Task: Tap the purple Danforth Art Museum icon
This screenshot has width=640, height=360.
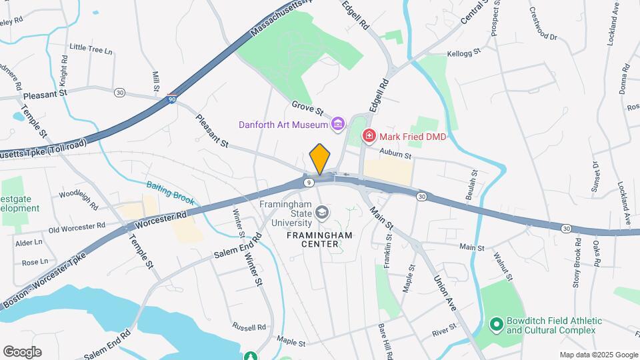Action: [x=338, y=124]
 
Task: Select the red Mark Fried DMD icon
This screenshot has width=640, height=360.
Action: [x=368, y=137]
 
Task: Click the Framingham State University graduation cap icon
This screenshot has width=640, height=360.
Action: [x=323, y=213]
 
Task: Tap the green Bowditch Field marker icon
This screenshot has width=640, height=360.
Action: [x=496, y=325]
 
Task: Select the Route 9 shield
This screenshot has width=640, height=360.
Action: [x=308, y=181]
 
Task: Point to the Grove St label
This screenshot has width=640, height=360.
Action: [x=307, y=107]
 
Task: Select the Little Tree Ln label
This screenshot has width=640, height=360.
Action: [x=91, y=48]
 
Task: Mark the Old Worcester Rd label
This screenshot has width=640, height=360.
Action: [x=77, y=228]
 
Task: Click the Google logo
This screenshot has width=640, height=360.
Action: [x=22, y=351]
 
